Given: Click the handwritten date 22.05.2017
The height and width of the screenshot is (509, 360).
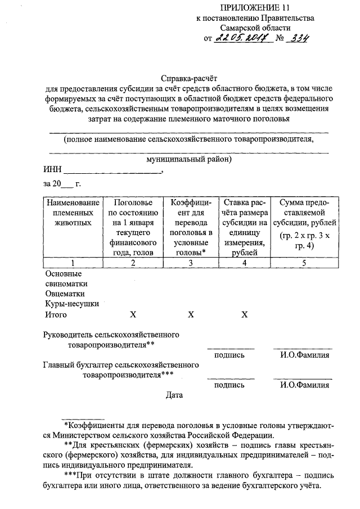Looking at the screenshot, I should [x=235, y=39].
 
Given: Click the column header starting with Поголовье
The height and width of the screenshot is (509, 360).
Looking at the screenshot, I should [x=133, y=227].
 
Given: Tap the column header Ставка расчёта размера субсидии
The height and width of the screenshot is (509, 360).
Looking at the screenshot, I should [x=245, y=227].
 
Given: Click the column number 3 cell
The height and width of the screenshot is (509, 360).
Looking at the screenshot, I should [x=191, y=263].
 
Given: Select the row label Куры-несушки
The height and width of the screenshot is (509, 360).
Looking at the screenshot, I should [x=71, y=304].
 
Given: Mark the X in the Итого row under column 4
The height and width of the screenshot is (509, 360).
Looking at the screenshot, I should [x=245, y=314].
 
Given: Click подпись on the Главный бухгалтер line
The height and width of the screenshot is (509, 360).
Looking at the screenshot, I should [x=229, y=385].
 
